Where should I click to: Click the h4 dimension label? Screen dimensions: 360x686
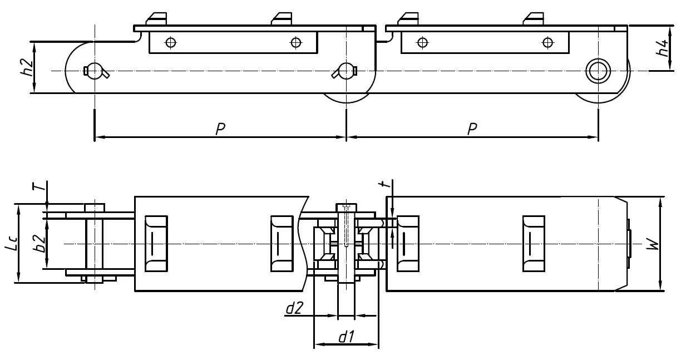(663, 47)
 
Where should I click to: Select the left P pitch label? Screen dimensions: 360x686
(220, 129)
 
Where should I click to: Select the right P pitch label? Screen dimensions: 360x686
(472, 129)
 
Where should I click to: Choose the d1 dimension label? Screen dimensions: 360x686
(346, 336)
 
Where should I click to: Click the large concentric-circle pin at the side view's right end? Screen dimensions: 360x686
(598, 71)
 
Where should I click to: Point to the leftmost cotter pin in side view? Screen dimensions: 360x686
(95, 71)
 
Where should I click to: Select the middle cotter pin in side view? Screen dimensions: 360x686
(345, 71)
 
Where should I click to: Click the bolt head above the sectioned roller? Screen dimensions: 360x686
(346, 207)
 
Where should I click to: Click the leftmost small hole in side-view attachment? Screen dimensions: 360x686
(171, 42)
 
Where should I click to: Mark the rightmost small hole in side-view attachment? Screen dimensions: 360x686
(548, 42)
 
